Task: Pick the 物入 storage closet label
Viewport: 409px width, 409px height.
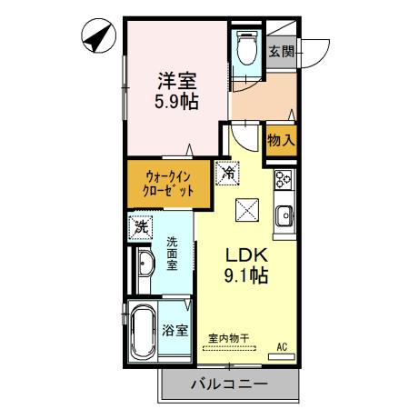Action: [x=280, y=140]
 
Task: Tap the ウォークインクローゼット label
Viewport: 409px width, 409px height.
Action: [x=169, y=185]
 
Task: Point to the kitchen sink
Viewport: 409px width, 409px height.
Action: [x=284, y=217]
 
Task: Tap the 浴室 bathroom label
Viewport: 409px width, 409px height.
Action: [x=175, y=331]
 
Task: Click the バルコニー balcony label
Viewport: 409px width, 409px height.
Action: [x=229, y=384]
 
